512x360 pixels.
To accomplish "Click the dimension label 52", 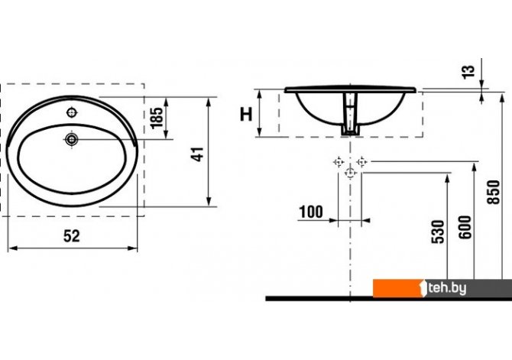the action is tap(72, 236).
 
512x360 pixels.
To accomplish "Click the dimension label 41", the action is tap(198, 154).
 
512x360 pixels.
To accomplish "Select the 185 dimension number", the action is tap(157, 118).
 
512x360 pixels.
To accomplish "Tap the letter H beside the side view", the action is tap(246, 115).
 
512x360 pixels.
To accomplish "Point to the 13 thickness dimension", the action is tap(468, 72).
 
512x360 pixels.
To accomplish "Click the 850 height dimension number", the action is tap(494, 192).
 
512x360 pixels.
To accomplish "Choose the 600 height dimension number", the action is tap(465, 227).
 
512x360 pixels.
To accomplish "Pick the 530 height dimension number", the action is tap(438, 232).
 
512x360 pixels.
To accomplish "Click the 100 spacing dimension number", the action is tap(311, 212).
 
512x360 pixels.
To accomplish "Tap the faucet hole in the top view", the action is tap(72, 112).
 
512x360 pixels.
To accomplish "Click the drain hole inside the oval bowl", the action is tap(71, 140).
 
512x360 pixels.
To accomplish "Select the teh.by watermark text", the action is tap(447, 288).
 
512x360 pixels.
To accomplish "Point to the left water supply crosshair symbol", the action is tap(339, 162).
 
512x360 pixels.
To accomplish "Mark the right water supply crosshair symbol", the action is tap(361, 162).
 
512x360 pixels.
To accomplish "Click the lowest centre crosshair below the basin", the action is tap(350, 173).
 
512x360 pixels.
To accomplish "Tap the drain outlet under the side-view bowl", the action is tap(350, 130).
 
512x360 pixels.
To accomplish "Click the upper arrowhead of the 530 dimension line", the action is tap(447, 177).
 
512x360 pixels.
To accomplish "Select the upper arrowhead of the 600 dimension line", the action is tap(474, 167).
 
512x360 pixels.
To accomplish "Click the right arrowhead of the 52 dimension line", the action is tap(133, 248).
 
